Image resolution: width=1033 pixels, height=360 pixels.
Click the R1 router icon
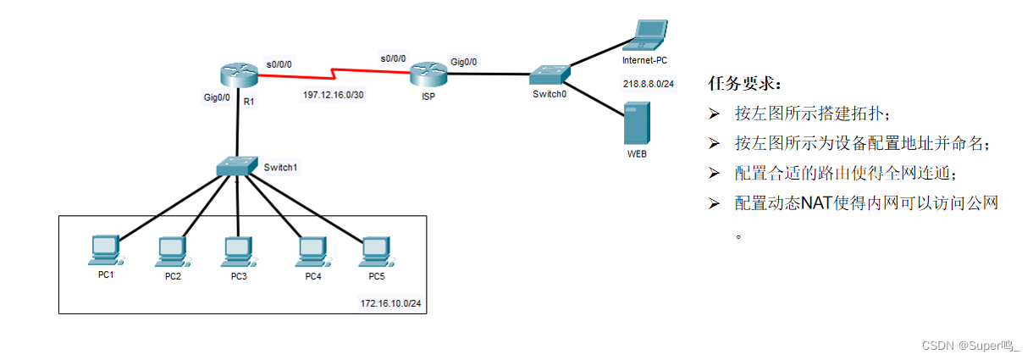tap(238, 74)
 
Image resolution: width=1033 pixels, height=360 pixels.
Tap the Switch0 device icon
tap(550, 74)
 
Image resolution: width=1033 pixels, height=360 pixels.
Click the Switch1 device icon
tap(236, 165)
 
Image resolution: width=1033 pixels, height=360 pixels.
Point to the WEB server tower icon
tap(636, 123)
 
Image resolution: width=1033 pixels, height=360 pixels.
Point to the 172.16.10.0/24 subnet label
tap(390, 302)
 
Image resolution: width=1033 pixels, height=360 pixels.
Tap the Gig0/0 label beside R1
tap(217, 98)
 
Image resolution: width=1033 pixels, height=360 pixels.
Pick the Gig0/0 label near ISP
tap(464, 62)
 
